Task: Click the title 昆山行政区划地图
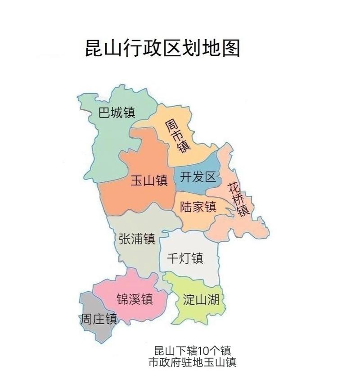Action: coord(162,48)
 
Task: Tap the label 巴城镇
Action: coord(117,113)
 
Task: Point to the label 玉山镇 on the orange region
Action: coord(149,181)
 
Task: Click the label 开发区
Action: coord(198,177)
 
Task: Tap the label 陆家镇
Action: coord(198,207)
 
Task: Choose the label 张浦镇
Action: coord(137,239)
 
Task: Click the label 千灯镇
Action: coord(185,258)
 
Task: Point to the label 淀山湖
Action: coord(201,299)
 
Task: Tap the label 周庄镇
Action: coord(99,319)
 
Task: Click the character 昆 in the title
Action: coord(94,48)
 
